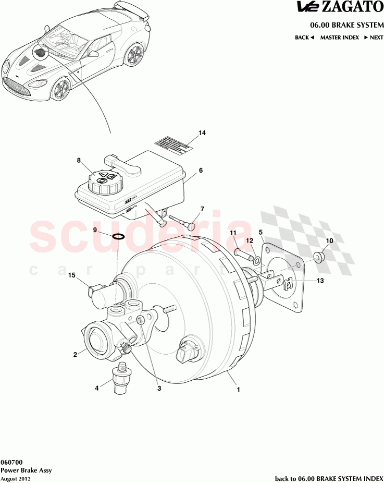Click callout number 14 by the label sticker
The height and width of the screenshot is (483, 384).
(x=202, y=133)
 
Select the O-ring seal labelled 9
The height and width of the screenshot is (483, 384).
(x=119, y=236)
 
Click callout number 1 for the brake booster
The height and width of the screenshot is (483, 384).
(x=238, y=389)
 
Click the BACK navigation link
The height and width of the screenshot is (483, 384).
(x=304, y=38)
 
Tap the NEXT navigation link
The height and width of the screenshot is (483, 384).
(x=373, y=38)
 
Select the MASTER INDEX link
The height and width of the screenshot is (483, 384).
(x=339, y=38)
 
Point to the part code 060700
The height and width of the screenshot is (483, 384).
(x=11, y=462)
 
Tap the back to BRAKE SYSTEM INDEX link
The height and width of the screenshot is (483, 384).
(x=329, y=478)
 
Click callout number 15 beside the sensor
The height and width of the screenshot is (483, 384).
(x=72, y=275)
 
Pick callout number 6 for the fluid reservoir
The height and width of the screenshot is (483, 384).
(x=201, y=171)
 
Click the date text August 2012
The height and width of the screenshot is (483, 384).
(x=15, y=478)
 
